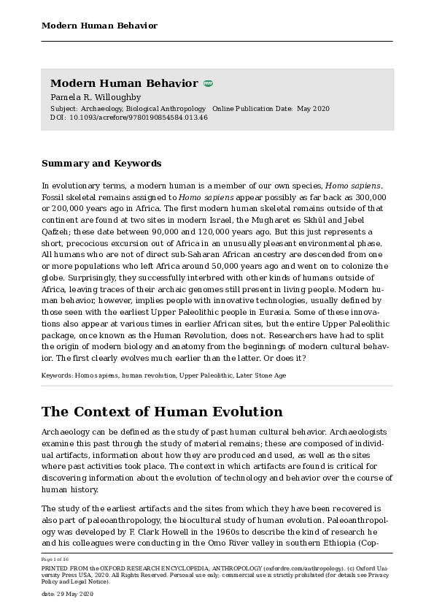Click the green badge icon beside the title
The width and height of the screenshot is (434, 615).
point(208,84)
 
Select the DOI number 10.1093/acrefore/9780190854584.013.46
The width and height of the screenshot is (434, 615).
point(139,118)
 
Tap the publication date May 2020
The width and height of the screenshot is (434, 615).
point(314,109)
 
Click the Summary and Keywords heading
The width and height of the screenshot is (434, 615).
point(101,164)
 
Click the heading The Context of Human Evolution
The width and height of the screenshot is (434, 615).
point(162,412)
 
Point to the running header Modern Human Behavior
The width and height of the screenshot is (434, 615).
point(99,26)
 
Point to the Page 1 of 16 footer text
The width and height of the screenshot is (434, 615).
point(56,559)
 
